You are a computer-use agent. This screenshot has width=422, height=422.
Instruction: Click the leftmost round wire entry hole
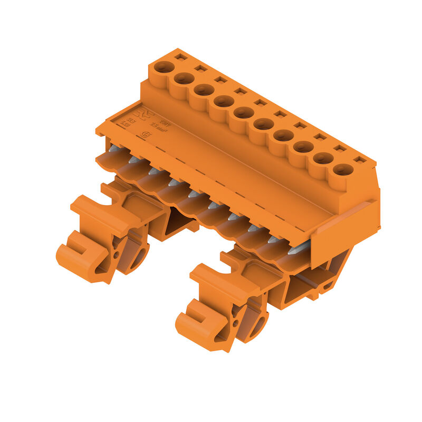click(164, 67)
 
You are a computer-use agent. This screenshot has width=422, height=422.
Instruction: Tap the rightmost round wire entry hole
click(343, 169)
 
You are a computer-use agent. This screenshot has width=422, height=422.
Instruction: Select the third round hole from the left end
click(204, 90)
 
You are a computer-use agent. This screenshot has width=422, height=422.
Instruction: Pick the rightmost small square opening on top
click(360, 159)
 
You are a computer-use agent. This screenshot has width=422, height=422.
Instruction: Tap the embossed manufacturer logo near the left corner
click(141, 114)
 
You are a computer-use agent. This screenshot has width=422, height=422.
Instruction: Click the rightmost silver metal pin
click(299, 248)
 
